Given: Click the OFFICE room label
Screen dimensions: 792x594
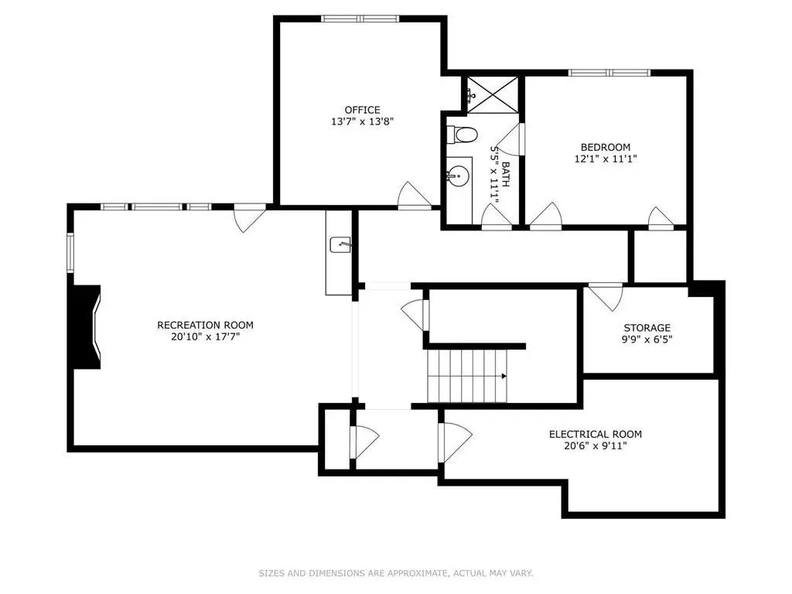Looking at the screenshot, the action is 362,110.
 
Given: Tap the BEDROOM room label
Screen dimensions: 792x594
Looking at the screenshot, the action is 605,147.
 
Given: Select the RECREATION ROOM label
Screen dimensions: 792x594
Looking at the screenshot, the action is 205,325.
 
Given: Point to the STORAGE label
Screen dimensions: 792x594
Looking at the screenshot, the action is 647,328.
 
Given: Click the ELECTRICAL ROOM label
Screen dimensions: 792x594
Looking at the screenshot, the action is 595,434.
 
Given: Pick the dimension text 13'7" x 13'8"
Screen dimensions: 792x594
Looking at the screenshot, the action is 362,121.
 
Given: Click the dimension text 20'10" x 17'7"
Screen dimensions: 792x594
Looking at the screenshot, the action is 205,337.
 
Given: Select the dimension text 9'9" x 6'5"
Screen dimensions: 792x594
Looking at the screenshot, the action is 647,340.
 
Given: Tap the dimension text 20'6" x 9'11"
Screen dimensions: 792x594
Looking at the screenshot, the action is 595,446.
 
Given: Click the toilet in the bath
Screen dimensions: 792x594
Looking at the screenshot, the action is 463,135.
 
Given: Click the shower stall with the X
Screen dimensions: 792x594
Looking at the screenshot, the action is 492,94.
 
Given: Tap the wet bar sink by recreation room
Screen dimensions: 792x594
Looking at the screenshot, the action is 340,245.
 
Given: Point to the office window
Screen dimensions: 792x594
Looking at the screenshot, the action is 360,19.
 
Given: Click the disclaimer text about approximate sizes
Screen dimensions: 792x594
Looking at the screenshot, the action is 396,573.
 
